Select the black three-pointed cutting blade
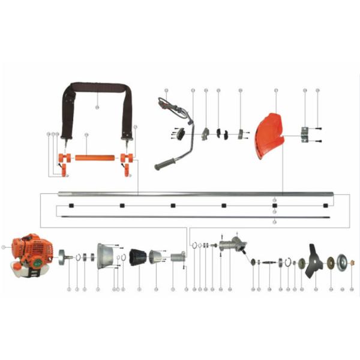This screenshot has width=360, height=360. [x=314, y=260]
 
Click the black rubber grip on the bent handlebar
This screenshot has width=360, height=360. [x=165, y=164]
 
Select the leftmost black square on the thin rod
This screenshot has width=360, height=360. [x=59, y=205]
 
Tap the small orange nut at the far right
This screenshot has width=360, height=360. [x=352, y=262]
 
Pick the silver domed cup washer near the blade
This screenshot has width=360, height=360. [x=343, y=262]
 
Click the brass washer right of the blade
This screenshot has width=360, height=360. [x=330, y=262]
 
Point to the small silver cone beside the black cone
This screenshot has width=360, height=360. [x=156, y=257]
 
